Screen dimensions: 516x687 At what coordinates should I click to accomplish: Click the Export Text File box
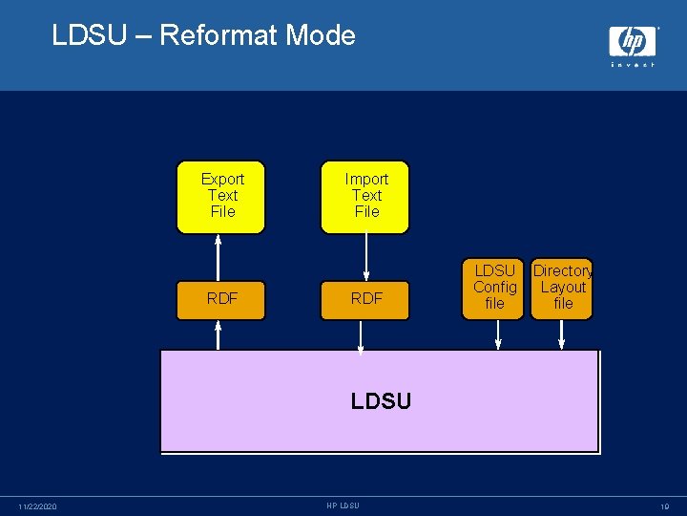(x=222, y=196)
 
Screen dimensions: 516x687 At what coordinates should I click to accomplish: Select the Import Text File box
(x=366, y=196)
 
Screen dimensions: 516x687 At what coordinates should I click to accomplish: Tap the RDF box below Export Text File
(x=222, y=298)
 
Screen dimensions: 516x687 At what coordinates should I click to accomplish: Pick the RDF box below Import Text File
(x=366, y=298)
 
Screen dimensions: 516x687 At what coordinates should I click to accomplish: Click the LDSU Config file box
(x=495, y=288)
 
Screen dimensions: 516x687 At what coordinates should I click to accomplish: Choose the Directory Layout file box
(x=563, y=288)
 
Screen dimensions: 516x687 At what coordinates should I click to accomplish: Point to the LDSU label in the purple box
(x=381, y=401)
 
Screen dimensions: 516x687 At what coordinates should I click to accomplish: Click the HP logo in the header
(x=633, y=44)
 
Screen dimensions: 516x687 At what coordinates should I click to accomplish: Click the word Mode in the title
(x=321, y=35)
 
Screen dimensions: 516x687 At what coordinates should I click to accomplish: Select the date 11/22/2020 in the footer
(x=38, y=505)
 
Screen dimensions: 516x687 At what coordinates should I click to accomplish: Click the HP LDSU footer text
(x=343, y=505)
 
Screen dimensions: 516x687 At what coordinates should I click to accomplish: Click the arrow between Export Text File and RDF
(x=219, y=256)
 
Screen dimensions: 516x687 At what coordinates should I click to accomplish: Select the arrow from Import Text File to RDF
(x=366, y=256)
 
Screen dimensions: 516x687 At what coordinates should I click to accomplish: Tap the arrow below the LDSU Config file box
(x=497, y=334)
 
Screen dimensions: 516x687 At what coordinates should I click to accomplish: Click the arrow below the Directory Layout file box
(x=562, y=334)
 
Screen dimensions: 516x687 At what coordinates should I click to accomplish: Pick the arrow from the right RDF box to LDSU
(x=361, y=336)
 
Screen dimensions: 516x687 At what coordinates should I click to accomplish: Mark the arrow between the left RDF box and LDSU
(x=219, y=334)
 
